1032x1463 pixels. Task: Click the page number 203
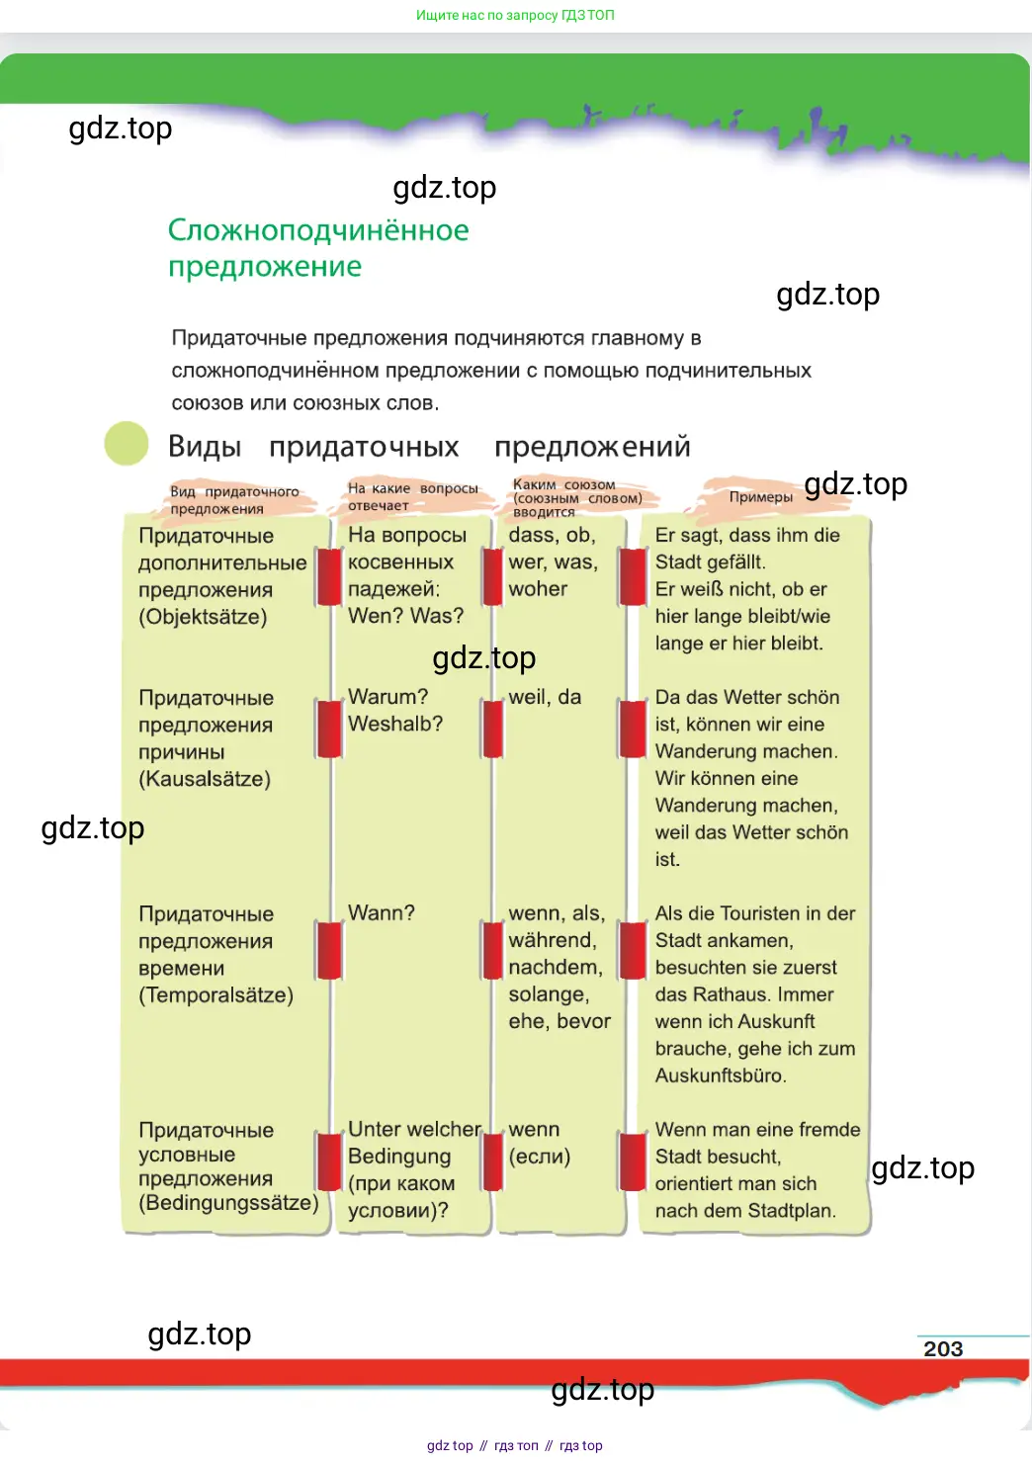(942, 1348)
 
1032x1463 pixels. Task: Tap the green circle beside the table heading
(127, 444)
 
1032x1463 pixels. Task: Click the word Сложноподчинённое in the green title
(318, 230)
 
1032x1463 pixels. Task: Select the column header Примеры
(760, 497)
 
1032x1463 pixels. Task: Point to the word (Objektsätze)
(203, 617)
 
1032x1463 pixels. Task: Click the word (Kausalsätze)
(205, 779)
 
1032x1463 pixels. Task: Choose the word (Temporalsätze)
(215, 994)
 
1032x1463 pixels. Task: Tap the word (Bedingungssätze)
(228, 1202)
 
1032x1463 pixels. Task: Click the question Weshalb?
(395, 724)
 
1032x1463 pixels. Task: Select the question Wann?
(382, 912)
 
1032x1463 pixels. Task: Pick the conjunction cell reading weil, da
(545, 697)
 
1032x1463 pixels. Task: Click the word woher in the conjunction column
(538, 588)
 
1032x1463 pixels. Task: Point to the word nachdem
(556, 967)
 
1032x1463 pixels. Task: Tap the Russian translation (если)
(540, 1156)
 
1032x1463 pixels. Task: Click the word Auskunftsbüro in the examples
(721, 1076)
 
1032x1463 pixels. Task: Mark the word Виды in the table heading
(205, 447)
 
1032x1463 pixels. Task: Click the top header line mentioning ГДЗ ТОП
(515, 15)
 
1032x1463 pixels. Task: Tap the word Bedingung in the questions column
(399, 1157)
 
